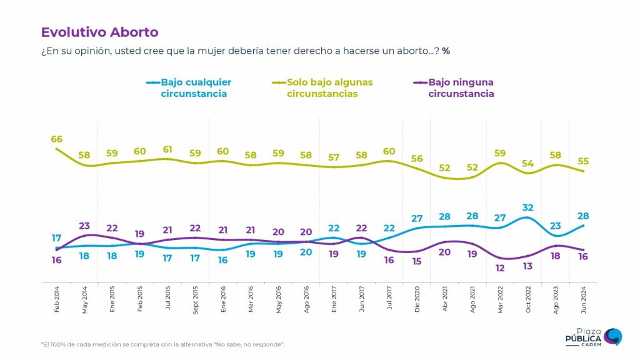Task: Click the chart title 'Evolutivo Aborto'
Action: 99,32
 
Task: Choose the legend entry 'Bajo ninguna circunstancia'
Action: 461,88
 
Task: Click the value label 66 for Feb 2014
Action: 57,139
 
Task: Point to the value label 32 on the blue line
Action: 529,207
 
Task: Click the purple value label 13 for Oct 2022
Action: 529,266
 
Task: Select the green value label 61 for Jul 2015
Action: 167,149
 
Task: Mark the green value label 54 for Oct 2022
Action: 529,163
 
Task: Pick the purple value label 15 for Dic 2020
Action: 417,262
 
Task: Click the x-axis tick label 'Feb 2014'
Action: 57,297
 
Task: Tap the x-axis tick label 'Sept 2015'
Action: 195,297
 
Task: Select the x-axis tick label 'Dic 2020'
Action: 417,297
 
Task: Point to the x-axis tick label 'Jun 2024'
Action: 584,297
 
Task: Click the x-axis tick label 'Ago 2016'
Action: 306,297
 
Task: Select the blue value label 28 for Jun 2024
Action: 584,216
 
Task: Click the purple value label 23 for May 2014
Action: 85,226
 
